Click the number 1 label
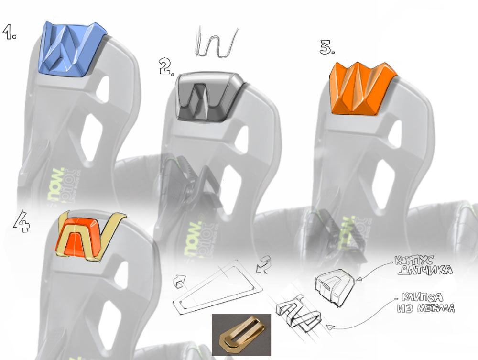click(x=10, y=32)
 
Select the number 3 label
click(x=327, y=47)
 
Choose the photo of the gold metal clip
click(x=241, y=335)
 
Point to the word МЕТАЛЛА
click(x=433, y=309)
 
